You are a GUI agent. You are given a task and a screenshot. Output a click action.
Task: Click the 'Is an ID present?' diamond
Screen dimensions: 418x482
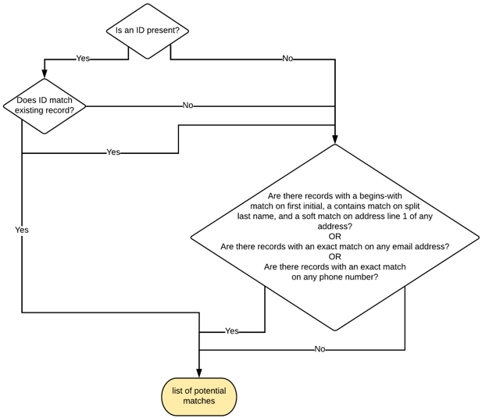[x=148, y=31]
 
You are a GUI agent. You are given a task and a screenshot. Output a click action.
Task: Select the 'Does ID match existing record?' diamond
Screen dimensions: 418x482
[x=45, y=105]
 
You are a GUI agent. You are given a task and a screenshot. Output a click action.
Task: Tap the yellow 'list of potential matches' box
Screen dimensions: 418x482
[x=199, y=396]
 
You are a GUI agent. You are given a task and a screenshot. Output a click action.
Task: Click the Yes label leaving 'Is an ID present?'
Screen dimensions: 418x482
[x=82, y=59]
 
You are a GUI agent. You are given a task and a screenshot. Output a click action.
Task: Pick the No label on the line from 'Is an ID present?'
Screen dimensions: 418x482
[x=287, y=59]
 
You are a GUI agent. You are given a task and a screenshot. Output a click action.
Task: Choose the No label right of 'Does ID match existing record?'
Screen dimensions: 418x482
[x=187, y=105]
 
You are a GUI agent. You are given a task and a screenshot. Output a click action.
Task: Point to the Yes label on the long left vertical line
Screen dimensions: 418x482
[x=22, y=230]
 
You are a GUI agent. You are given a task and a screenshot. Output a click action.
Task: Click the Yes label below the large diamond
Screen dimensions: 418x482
[x=232, y=331]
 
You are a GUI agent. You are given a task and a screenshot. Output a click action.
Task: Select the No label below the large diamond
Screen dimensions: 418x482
[x=320, y=349]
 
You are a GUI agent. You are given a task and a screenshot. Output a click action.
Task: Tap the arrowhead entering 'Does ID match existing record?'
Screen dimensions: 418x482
[x=45, y=73]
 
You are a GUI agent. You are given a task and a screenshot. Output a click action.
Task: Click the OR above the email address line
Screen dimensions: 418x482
[x=334, y=236]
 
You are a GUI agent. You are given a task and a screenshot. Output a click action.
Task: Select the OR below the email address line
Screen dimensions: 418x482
[x=334, y=256]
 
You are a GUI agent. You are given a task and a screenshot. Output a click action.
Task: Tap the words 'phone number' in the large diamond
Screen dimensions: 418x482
[x=352, y=277]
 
